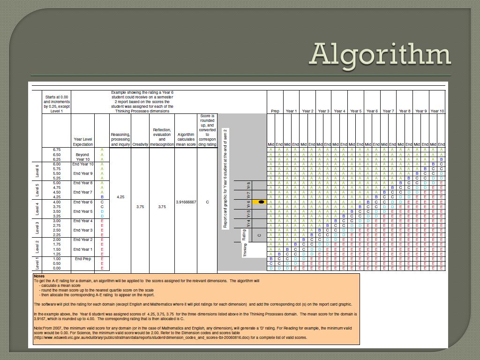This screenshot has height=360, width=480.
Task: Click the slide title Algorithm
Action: [380, 54]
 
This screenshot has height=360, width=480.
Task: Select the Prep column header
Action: [275, 111]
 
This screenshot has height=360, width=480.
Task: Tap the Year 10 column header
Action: [437, 111]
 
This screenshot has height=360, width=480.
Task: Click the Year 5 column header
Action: [356, 111]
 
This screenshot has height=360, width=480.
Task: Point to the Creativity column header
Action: [140, 144]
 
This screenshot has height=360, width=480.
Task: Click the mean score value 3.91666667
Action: [186, 202]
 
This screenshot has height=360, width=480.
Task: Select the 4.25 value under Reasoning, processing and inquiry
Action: [120, 197]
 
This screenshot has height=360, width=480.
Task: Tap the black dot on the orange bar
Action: [262, 202]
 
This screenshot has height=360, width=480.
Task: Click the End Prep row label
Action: [83, 259]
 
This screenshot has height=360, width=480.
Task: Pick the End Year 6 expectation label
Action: [83, 202]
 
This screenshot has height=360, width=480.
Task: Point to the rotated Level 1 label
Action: [37, 263]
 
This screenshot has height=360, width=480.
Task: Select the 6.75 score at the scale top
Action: [57, 150]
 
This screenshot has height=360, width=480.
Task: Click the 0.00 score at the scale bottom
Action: [57, 269]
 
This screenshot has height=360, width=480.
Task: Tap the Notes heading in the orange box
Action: [39, 276]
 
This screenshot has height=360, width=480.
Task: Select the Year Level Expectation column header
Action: [83, 142]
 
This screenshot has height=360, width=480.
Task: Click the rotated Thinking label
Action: [245, 250]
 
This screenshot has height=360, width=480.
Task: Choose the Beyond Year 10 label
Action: [83, 157]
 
